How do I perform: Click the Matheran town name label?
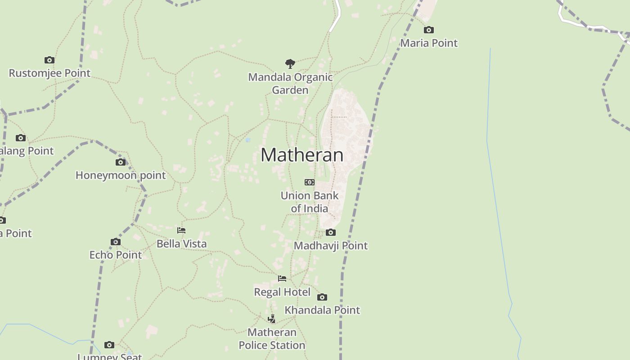(x=302, y=155)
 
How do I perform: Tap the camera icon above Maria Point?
(x=429, y=30)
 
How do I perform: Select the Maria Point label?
(x=429, y=43)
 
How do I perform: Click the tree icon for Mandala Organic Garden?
(x=290, y=63)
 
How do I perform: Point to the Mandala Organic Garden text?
(x=290, y=83)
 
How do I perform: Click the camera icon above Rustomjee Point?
(x=49, y=60)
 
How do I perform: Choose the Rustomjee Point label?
(x=49, y=73)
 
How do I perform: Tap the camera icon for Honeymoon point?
(x=121, y=162)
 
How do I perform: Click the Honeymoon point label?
(x=121, y=175)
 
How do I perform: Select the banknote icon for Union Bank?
(x=310, y=182)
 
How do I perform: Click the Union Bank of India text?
(x=310, y=202)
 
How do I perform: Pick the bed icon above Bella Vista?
(x=181, y=230)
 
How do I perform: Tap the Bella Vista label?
(x=182, y=243)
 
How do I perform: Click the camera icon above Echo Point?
(x=116, y=242)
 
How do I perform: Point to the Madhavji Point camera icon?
(x=331, y=233)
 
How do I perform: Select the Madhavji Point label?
(x=331, y=246)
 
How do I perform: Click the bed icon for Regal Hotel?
(x=282, y=279)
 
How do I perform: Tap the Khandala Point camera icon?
(x=322, y=297)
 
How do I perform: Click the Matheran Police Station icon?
(x=272, y=319)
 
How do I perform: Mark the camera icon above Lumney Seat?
(x=109, y=345)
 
